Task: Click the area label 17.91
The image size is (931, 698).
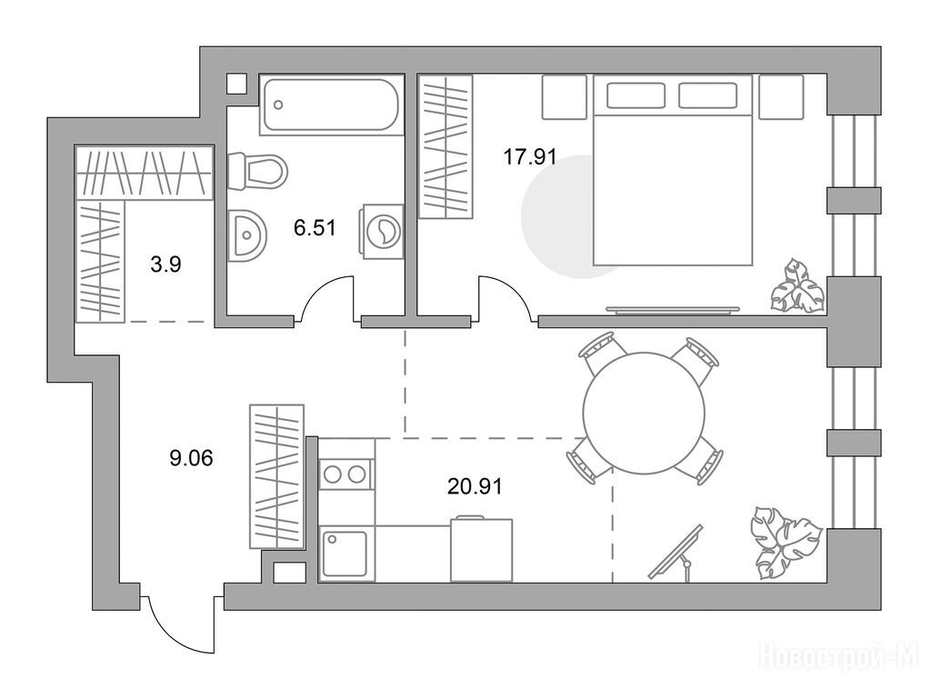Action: click(x=530, y=157)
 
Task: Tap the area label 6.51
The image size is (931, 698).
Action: click(x=315, y=227)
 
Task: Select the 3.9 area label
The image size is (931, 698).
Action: click(x=165, y=264)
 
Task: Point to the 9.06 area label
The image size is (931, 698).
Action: click(x=191, y=458)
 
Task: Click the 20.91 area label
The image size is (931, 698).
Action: click(x=475, y=487)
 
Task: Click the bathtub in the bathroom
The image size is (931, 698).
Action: click(x=331, y=105)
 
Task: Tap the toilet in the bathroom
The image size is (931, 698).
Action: click(x=257, y=170)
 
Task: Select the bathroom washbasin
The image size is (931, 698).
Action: click(x=248, y=235)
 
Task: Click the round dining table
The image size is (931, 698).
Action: click(x=645, y=414)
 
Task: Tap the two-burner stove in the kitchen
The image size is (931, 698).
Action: click(x=345, y=474)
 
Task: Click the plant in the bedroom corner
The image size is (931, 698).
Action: click(x=796, y=286)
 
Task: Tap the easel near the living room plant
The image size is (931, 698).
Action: click(x=676, y=553)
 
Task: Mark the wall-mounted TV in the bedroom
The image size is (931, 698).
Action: click(x=673, y=309)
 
